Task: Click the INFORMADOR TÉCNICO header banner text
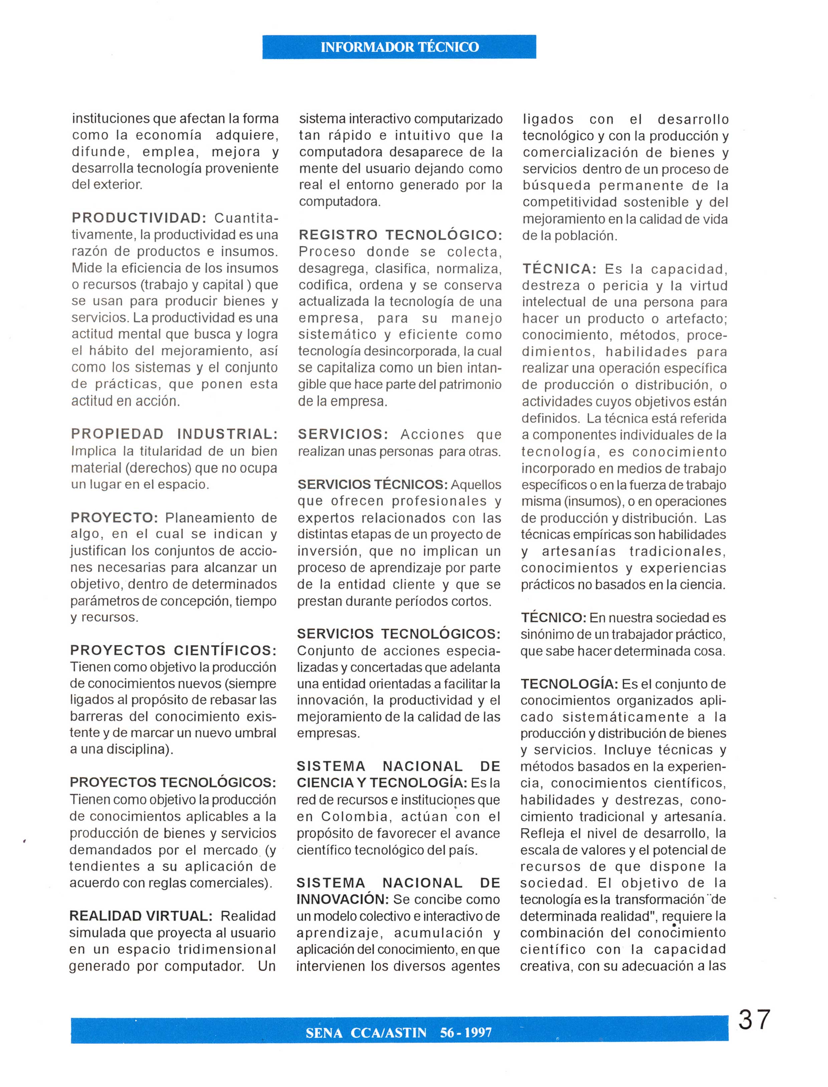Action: click(399, 47)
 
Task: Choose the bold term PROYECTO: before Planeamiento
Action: click(114, 518)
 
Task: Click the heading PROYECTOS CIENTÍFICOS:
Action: click(173, 650)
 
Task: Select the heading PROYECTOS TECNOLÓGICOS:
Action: click(173, 783)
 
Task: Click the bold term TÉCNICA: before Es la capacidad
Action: click(559, 269)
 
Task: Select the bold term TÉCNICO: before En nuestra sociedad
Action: click(553, 618)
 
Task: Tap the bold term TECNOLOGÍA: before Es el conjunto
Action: click(569, 684)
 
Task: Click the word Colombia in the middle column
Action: click(354, 817)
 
